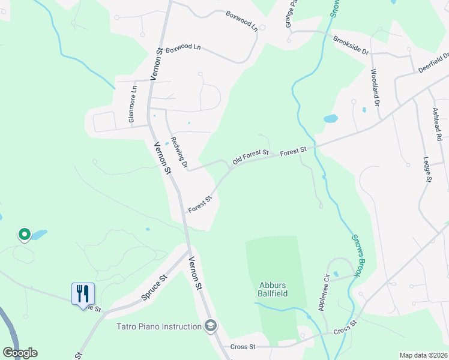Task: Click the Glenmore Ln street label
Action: tap(133, 104)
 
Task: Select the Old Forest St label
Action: tap(250, 158)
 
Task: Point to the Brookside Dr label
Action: tap(351, 46)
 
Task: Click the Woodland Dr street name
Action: tap(375, 88)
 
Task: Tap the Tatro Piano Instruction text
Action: tap(159, 326)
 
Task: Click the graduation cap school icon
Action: tap(211, 326)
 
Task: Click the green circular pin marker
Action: tap(24, 234)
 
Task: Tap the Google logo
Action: tap(20, 353)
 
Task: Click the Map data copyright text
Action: tap(423, 355)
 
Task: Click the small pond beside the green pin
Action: tap(38, 234)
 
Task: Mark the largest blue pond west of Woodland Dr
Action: tap(331, 118)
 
